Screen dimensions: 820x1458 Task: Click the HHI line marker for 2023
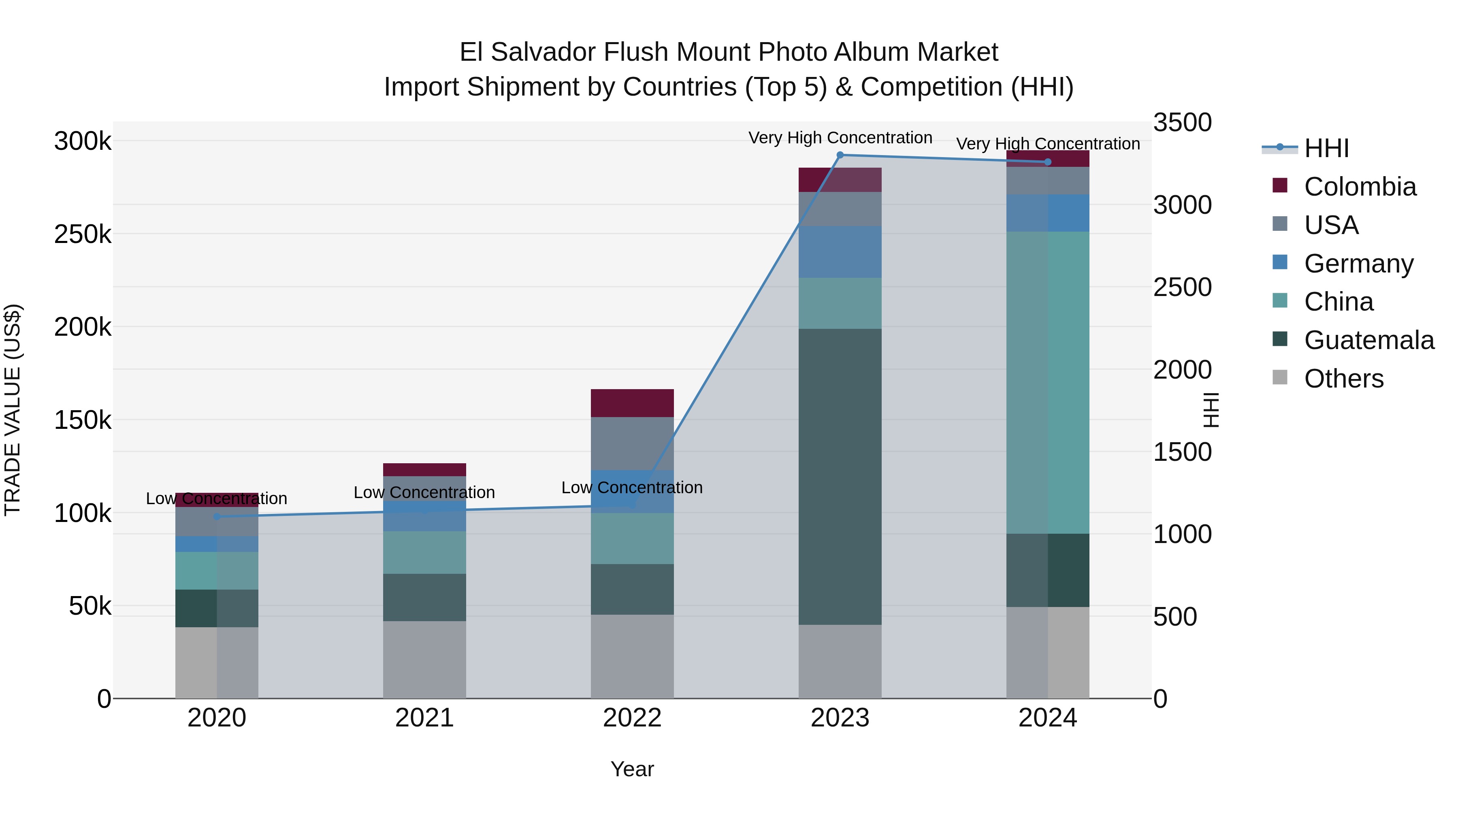tap(840, 155)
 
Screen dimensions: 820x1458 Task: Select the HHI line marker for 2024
tap(1048, 162)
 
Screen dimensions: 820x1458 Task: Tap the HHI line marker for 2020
tap(217, 517)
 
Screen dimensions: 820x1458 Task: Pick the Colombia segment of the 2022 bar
tap(632, 403)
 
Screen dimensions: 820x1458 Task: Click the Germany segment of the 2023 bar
tap(840, 252)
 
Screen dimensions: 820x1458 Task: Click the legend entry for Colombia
tap(1360, 187)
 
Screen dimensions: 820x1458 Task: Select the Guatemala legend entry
tap(1368, 340)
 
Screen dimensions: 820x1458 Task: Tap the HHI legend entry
tap(1326, 148)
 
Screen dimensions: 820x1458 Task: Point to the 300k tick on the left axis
tap(83, 141)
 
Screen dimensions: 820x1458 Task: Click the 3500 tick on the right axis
tap(1182, 122)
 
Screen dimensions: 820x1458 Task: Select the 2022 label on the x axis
tap(632, 718)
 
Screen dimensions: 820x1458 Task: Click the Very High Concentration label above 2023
tap(840, 138)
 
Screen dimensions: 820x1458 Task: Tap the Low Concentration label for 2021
tap(424, 492)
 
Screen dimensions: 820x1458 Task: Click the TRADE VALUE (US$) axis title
tap(13, 410)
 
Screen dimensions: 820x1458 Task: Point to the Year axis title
tap(632, 769)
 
